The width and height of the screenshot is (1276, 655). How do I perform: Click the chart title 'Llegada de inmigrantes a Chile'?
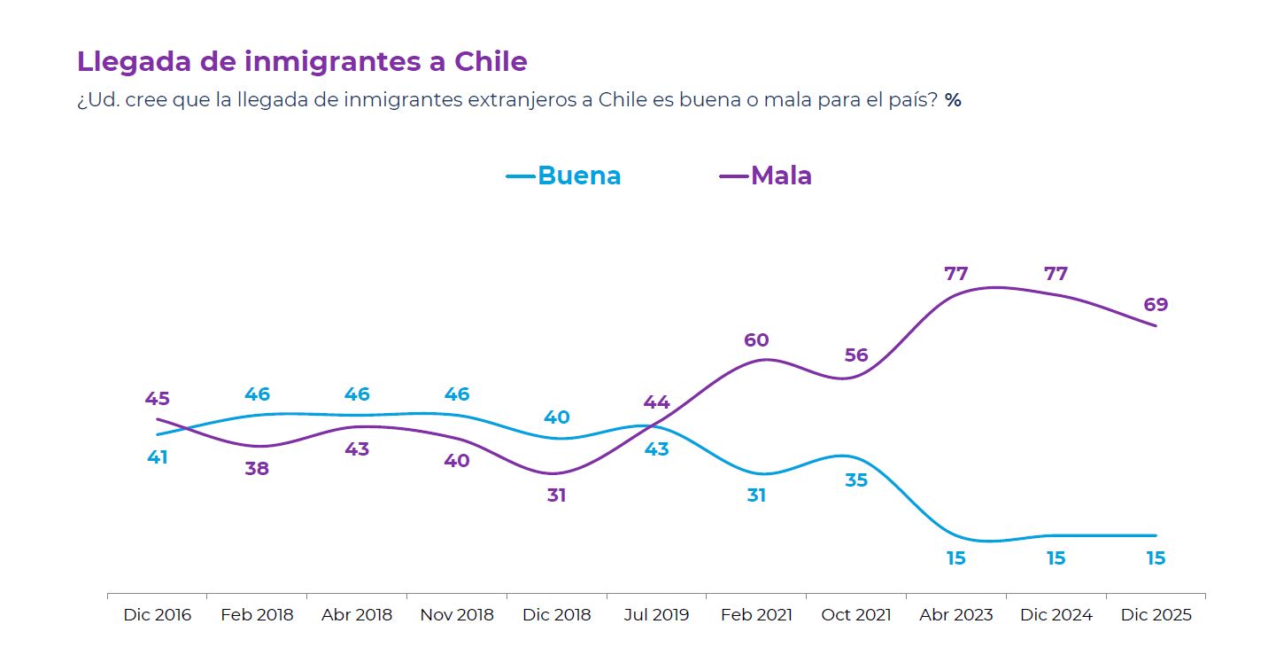[x=302, y=62]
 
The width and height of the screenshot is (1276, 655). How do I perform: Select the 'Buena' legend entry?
[x=578, y=175]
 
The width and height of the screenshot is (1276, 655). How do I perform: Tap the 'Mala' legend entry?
[x=781, y=175]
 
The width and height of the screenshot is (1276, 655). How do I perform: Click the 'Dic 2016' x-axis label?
[x=158, y=615]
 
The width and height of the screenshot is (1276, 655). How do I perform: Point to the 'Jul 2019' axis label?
[x=656, y=615]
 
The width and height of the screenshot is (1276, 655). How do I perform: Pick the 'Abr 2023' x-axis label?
[x=956, y=615]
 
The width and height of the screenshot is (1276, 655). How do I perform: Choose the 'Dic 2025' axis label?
[x=1156, y=615]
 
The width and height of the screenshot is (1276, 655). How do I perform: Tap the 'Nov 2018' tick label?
[x=457, y=615]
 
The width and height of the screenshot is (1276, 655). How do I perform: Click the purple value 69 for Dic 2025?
[x=1156, y=305]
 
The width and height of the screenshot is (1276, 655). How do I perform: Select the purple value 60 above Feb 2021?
[x=756, y=340]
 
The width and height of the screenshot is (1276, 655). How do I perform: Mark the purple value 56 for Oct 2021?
[x=856, y=355]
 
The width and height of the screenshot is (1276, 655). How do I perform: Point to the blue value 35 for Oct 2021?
[x=856, y=480]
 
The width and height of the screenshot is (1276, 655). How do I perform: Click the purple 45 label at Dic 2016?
[x=158, y=399]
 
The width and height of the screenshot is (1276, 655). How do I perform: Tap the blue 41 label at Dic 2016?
[x=158, y=457]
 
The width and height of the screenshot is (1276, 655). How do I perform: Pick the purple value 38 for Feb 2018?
[x=257, y=469]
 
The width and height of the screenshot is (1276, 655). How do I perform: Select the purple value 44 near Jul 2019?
[x=656, y=402]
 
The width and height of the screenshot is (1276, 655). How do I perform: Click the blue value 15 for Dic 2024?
[x=1056, y=558]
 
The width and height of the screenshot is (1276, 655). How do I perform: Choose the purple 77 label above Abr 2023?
[x=956, y=274]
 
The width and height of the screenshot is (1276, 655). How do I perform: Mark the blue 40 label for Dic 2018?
[x=557, y=417]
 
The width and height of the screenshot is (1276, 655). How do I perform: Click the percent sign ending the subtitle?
[x=953, y=100]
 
